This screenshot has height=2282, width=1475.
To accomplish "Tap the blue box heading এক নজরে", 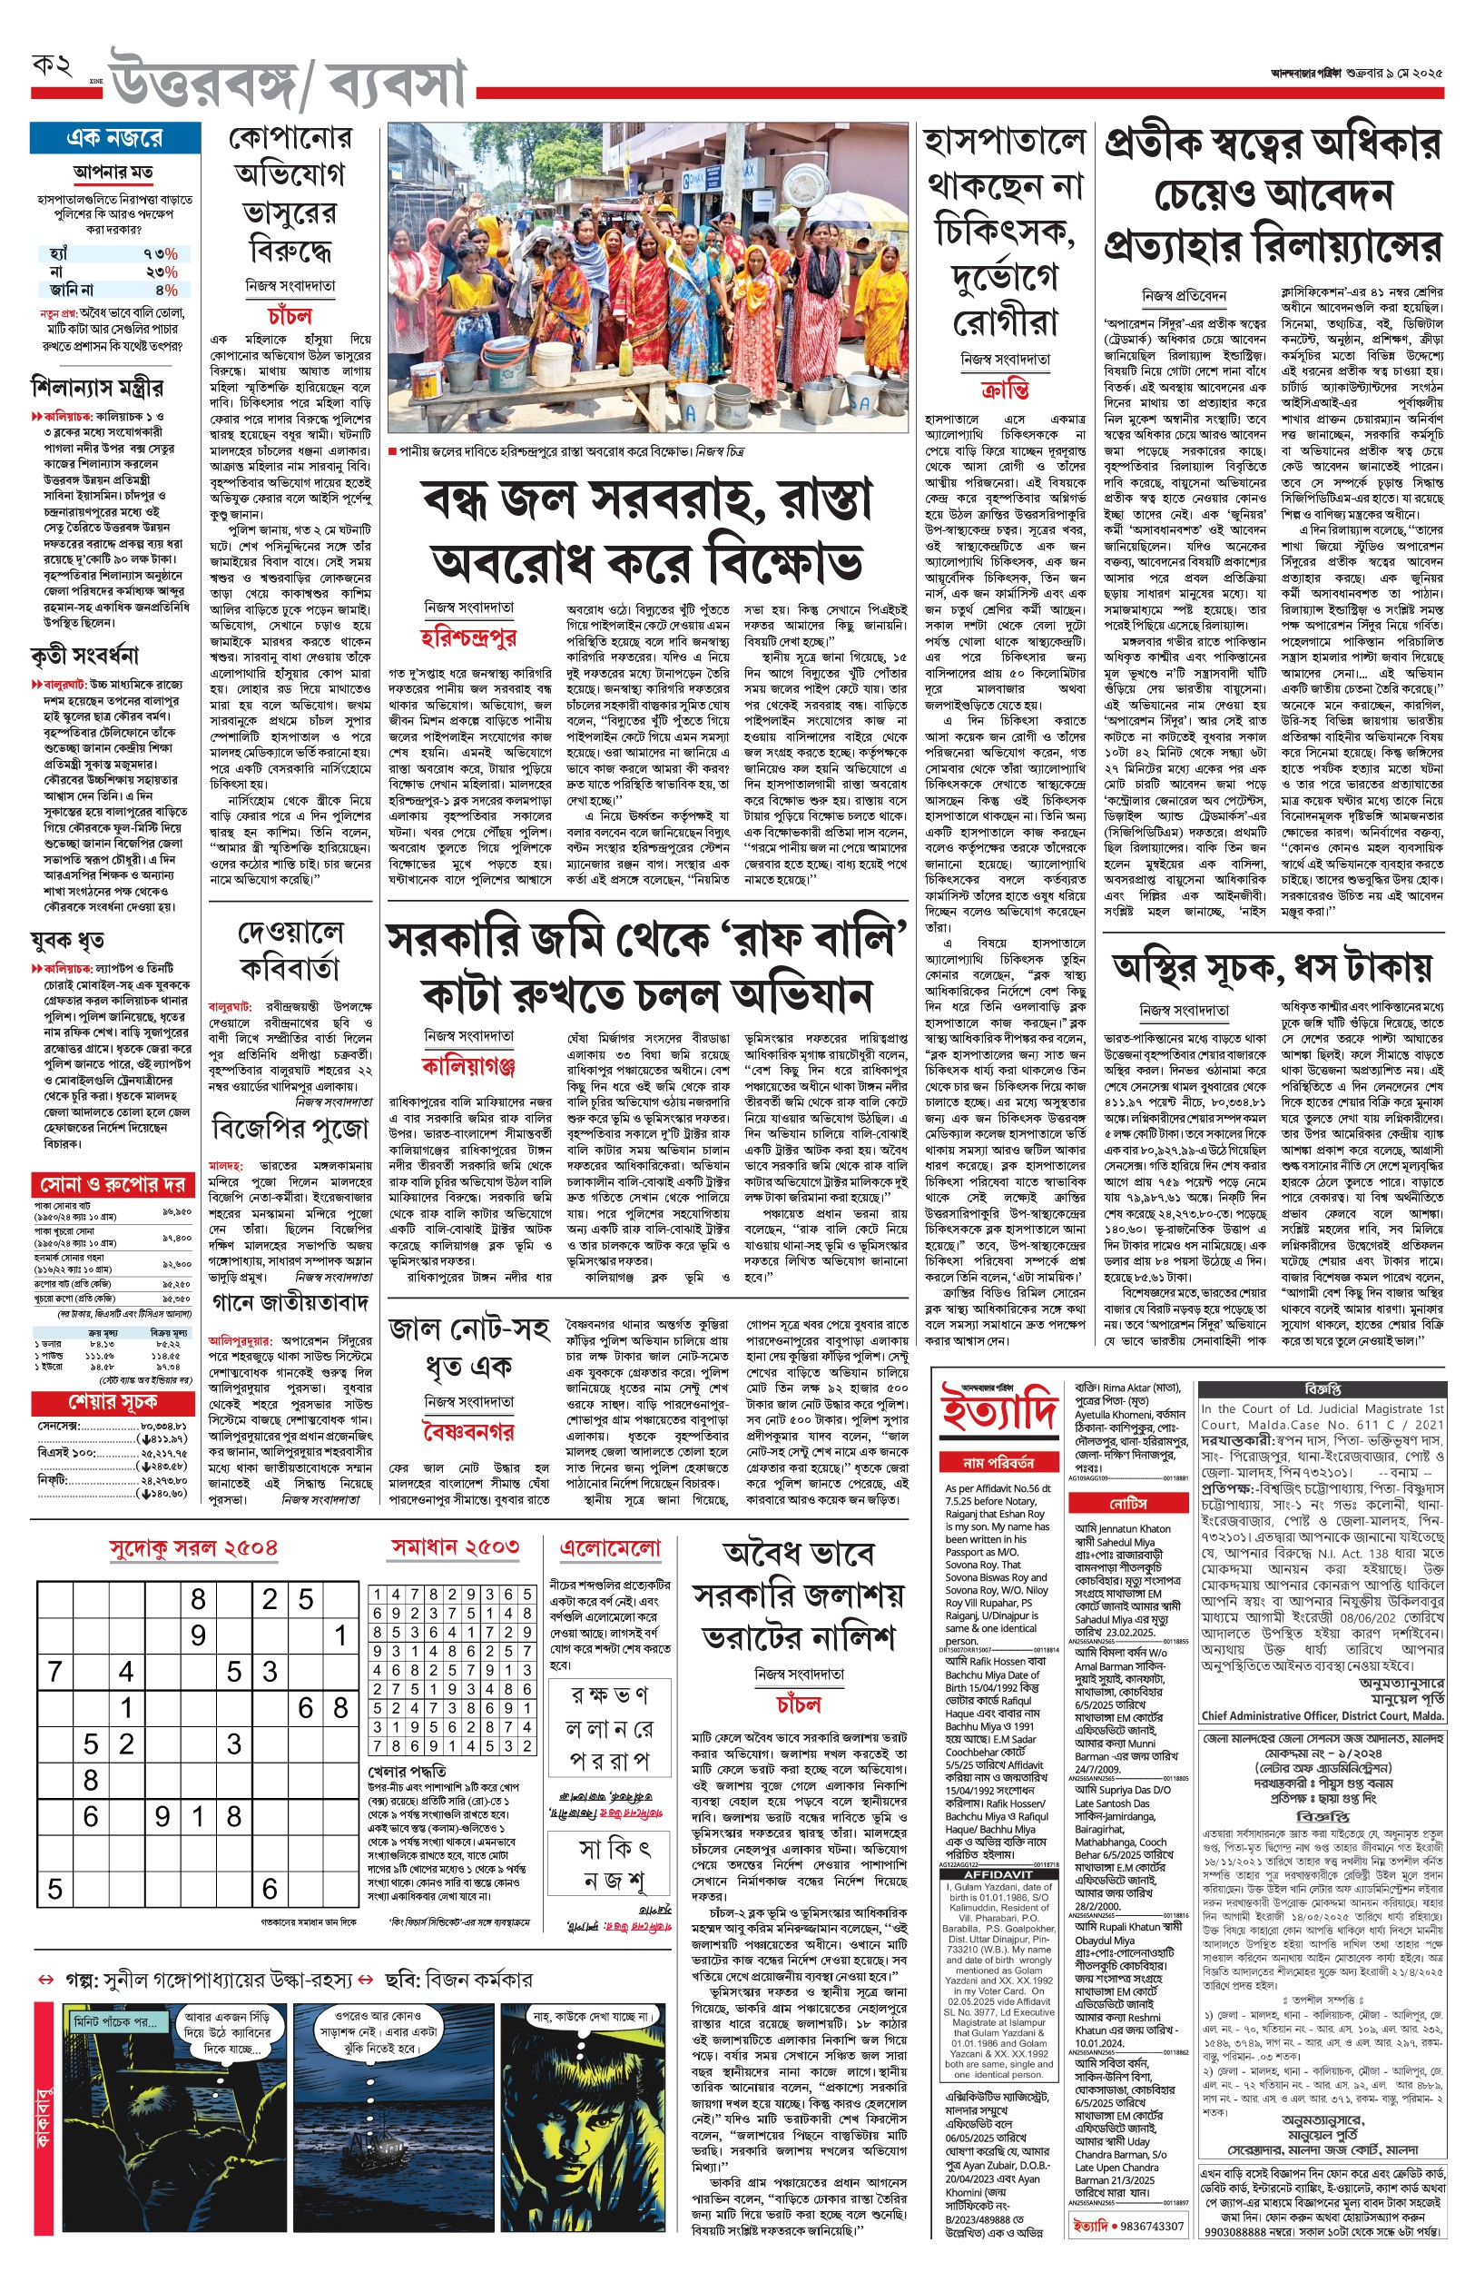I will [114, 138].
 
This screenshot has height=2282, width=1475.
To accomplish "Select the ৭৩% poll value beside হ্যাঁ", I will [160, 254].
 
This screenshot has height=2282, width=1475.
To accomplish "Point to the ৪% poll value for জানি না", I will [164, 290].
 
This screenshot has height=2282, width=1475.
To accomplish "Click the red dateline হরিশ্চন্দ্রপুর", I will [469, 637].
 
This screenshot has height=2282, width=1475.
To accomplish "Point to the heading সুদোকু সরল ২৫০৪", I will [193, 1548].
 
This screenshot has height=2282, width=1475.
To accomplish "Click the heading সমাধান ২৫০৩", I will [455, 1546].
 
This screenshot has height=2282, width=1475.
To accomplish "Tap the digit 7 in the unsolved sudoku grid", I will [54, 1672].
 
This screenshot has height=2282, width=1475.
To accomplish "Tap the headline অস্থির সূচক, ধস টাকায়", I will [1272, 969].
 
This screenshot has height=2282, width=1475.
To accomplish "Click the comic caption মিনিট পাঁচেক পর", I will [116, 2015].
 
